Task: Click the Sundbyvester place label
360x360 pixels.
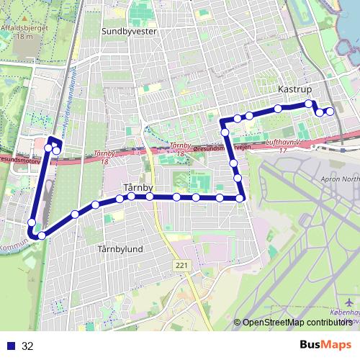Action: (130, 32)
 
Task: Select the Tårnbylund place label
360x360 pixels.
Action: (120, 249)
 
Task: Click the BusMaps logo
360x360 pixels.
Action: (325, 345)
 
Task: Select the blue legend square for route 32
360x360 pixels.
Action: (12, 346)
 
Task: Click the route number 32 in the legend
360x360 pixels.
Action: (28, 346)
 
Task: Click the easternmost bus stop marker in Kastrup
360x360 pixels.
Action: (330, 111)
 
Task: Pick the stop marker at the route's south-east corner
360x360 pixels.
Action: (240, 198)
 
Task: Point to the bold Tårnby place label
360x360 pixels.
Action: (135, 188)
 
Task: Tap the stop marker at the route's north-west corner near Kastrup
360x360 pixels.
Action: (225, 132)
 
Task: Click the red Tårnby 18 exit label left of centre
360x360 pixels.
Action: (104, 158)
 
